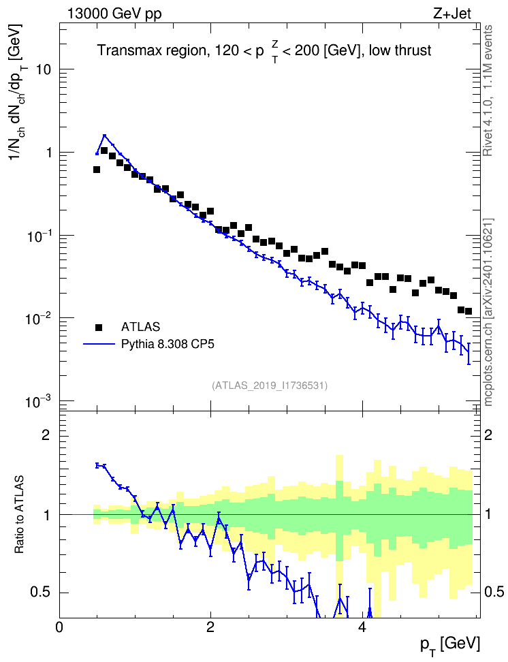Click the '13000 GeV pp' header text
click(114, 14)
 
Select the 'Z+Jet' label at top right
click(452, 14)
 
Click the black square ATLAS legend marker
click(99, 327)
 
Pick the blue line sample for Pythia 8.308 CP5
click(99, 344)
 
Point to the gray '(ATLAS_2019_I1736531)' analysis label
click(270, 385)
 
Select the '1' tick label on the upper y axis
click(48, 153)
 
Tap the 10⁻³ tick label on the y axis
click(38, 401)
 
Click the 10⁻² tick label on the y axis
click(38, 318)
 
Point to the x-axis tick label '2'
click(210, 627)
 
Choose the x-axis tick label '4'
click(362, 627)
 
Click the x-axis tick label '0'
click(59, 627)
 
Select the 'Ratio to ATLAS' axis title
click(19, 514)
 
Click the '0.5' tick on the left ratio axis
click(41, 593)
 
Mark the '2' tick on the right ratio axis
click(488, 435)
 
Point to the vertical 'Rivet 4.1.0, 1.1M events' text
click(488, 91)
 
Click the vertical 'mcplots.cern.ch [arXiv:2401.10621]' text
click(488, 313)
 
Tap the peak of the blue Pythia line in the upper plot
click(104, 136)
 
